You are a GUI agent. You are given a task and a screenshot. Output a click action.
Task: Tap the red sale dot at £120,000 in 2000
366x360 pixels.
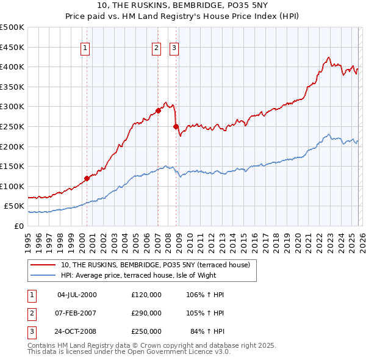click(87, 178)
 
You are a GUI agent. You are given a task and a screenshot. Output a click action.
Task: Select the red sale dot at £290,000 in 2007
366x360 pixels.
click(158, 110)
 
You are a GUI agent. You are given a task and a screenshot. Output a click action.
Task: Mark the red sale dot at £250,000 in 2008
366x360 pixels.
click(176, 126)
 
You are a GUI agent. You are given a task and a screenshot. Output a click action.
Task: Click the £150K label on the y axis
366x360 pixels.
click(12, 166)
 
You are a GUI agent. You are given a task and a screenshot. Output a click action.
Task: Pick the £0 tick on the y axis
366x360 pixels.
click(20, 226)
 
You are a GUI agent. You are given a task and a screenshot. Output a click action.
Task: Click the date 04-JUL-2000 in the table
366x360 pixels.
click(77, 295)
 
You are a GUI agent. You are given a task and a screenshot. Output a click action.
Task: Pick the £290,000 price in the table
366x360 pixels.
click(146, 313)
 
